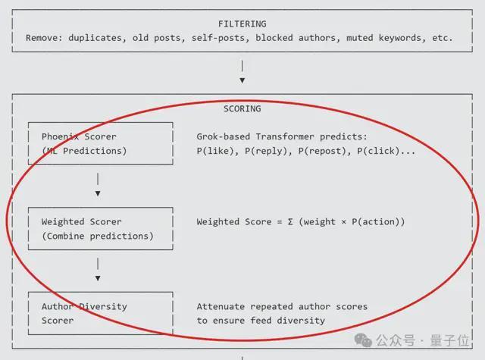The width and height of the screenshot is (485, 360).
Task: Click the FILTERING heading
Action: click(242, 23)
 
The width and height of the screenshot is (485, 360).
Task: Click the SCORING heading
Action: click(242, 108)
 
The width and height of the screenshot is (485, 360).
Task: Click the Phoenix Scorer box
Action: click(99, 143)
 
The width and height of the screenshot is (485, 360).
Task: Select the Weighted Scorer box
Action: click(99, 229)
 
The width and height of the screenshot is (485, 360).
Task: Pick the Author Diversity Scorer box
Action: click(99, 313)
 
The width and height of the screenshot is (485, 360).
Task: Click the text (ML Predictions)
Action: click(84, 151)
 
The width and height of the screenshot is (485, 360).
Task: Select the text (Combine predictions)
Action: click(97, 236)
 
